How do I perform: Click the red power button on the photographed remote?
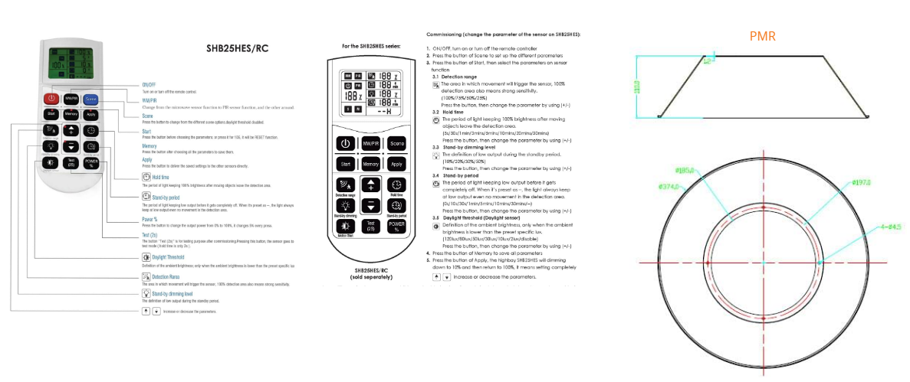coord(51,98)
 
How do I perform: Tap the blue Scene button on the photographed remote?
coord(90,98)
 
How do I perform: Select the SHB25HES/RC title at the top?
coord(237,49)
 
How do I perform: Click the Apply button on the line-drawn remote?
coord(396,164)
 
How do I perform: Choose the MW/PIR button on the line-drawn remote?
coord(371,143)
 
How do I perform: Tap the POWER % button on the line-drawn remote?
coord(396,226)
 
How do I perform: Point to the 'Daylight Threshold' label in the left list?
coord(164,257)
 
